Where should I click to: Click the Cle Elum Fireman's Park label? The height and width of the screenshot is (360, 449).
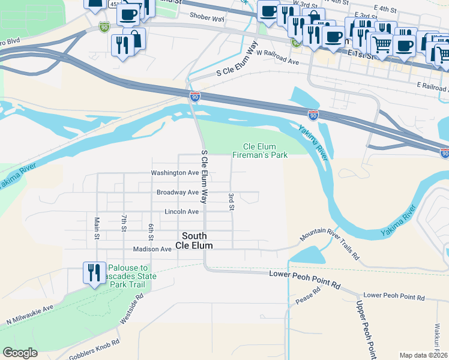[265, 151]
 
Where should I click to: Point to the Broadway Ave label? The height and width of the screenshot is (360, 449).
[177, 193]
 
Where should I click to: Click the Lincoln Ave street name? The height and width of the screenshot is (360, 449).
[181, 212]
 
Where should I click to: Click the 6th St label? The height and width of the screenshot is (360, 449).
[151, 230]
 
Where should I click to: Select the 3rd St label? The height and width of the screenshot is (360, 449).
[231, 202]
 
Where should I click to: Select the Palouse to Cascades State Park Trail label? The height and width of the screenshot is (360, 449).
[131, 276]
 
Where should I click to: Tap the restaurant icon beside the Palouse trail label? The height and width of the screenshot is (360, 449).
[94, 273]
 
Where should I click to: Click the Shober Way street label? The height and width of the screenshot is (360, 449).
[206, 19]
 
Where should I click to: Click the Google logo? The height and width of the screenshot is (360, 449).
[20, 353]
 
